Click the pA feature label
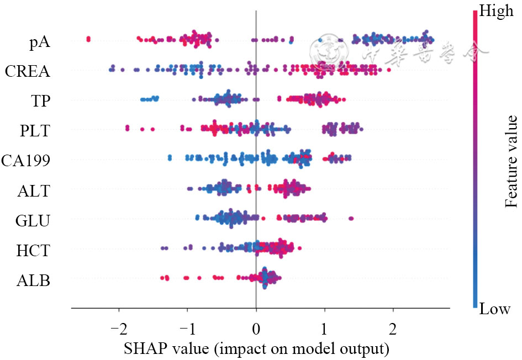click(x=39, y=42)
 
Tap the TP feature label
click(x=39, y=101)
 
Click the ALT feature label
click(x=34, y=191)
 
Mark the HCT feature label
click(x=33, y=251)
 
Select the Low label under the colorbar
click(x=495, y=309)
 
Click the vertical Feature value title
click(x=511, y=161)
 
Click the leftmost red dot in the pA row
click(x=88, y=39)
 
